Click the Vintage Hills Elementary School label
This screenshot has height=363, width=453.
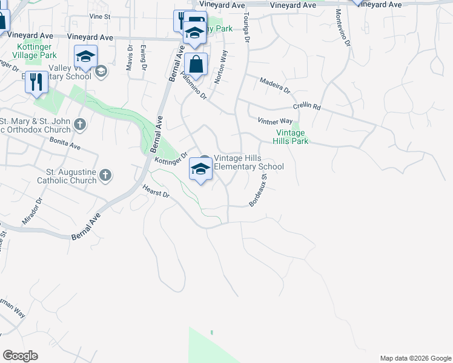pos(248,162)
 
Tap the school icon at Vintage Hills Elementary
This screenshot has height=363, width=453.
pos(200,169)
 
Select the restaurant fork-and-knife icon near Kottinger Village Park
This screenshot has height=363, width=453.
pos(36,82)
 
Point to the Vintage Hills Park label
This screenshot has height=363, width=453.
pos(293,137)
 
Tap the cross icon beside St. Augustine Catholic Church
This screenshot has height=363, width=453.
pos(105,175)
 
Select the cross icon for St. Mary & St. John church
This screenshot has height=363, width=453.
pos(80,125)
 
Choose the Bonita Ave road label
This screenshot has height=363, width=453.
pos(66,145)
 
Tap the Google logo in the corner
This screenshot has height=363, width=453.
pos(20,356)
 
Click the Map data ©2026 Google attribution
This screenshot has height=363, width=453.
pos(415,358)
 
